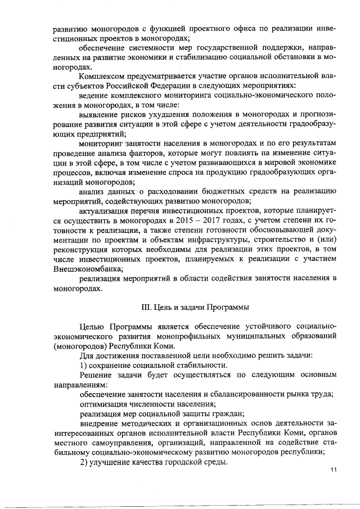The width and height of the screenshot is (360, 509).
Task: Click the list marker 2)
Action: (x=85, y=462)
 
